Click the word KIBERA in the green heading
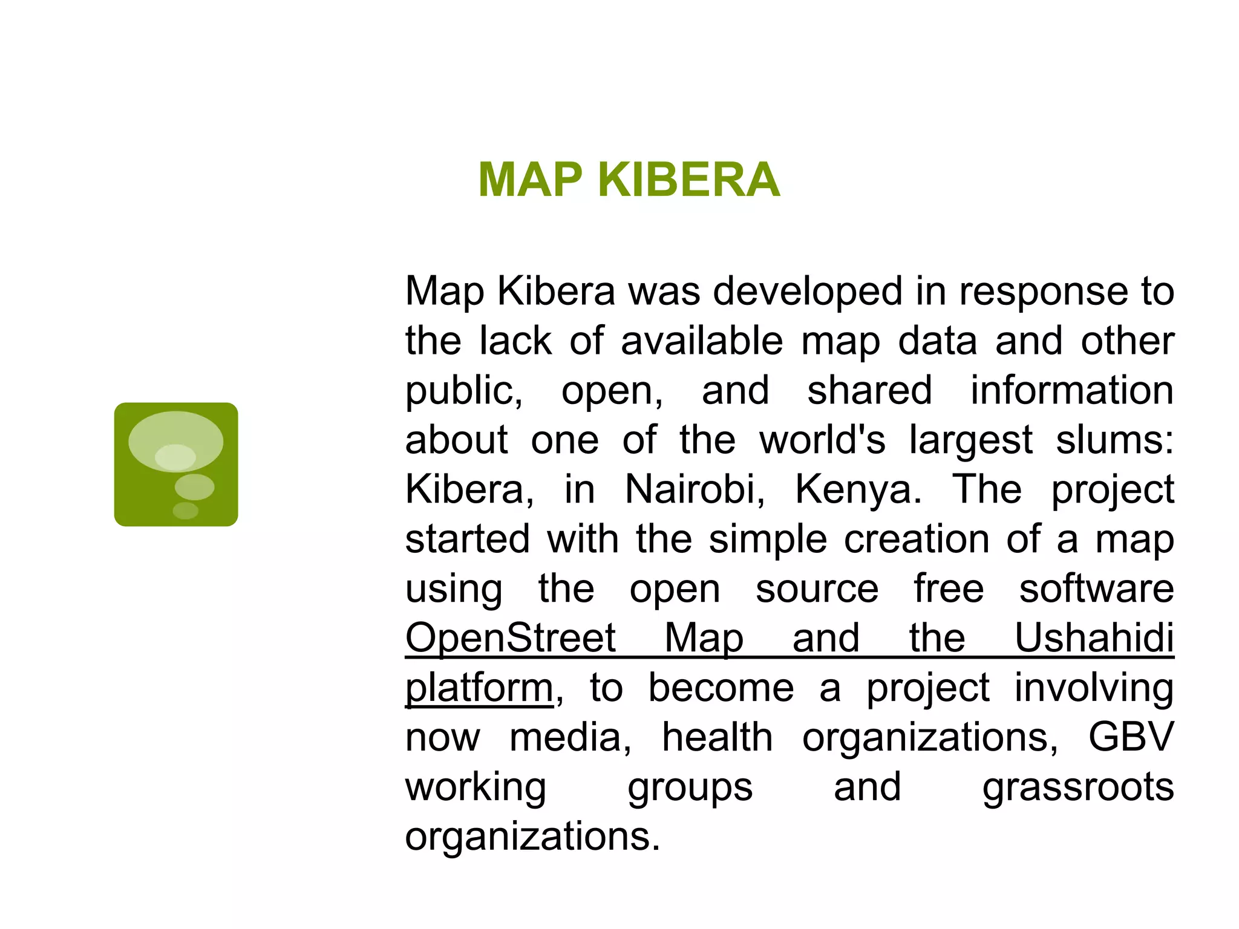pos(688,180)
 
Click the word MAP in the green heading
pos(530,180)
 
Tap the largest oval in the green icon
pos(175,441)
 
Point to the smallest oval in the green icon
pos(186,510)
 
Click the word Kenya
pos(858,489)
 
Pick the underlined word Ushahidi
pos(1094,637)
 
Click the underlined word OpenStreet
pos(510,637)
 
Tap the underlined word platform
pos(479,688)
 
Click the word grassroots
pos(1078,787)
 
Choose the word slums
pos(1114,440)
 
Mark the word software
pos(1096,588)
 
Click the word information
pos(1072,390)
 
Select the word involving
pos(1094,688)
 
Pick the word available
pos(702,341)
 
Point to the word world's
pos(822,440)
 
